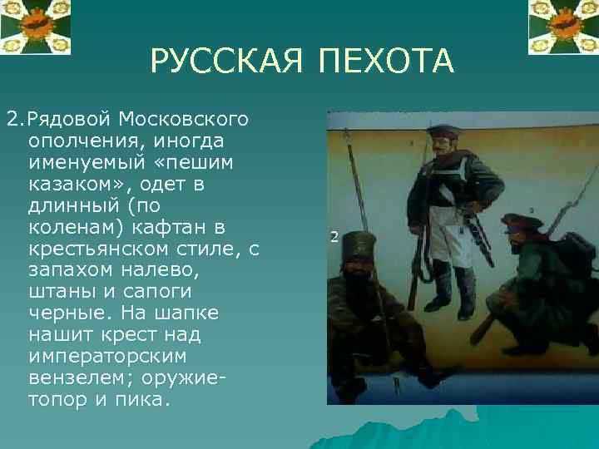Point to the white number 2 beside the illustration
[334, 237]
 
